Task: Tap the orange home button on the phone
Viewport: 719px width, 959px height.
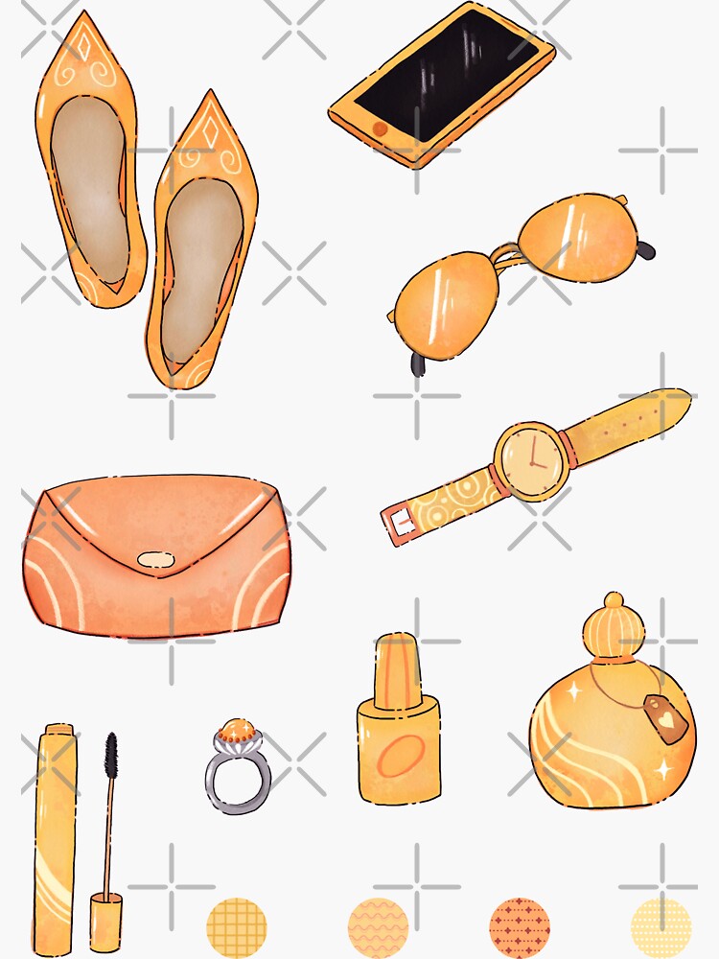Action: click(380, 128)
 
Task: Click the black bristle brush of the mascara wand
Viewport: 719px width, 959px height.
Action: click(111, 758)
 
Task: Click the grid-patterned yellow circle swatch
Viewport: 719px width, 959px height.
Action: click(237, 927)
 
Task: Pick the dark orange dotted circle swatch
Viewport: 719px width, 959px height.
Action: click(520, 927)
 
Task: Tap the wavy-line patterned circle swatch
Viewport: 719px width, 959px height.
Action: click(379, 927)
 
